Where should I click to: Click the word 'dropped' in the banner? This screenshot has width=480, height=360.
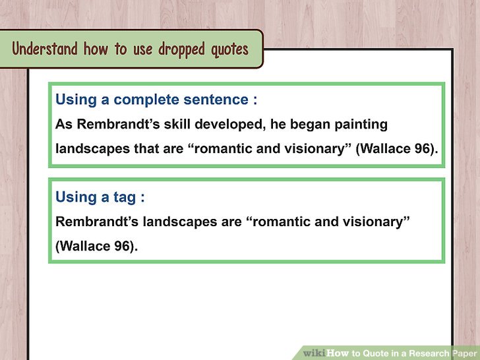(181, 49)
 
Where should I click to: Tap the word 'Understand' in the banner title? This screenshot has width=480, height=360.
(45, 49)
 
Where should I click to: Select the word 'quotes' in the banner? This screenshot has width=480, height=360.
(229, 50)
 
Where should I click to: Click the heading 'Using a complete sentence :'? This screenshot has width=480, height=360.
(156, 100)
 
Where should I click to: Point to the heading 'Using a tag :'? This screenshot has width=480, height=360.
(100, 197)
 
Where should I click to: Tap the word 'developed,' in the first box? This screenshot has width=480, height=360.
(230, 124)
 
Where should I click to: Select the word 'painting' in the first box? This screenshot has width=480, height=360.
(361, 125)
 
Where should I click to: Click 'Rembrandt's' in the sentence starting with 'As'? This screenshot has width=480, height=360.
(118, 124)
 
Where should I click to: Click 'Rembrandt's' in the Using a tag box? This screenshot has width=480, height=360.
(97, 222)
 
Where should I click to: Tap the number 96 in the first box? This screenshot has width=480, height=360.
(423, 149)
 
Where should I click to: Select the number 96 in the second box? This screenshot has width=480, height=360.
(123, 246)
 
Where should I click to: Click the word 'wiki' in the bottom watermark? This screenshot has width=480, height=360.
(315, 353)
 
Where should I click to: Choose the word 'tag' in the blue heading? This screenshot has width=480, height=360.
(125, 197)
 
